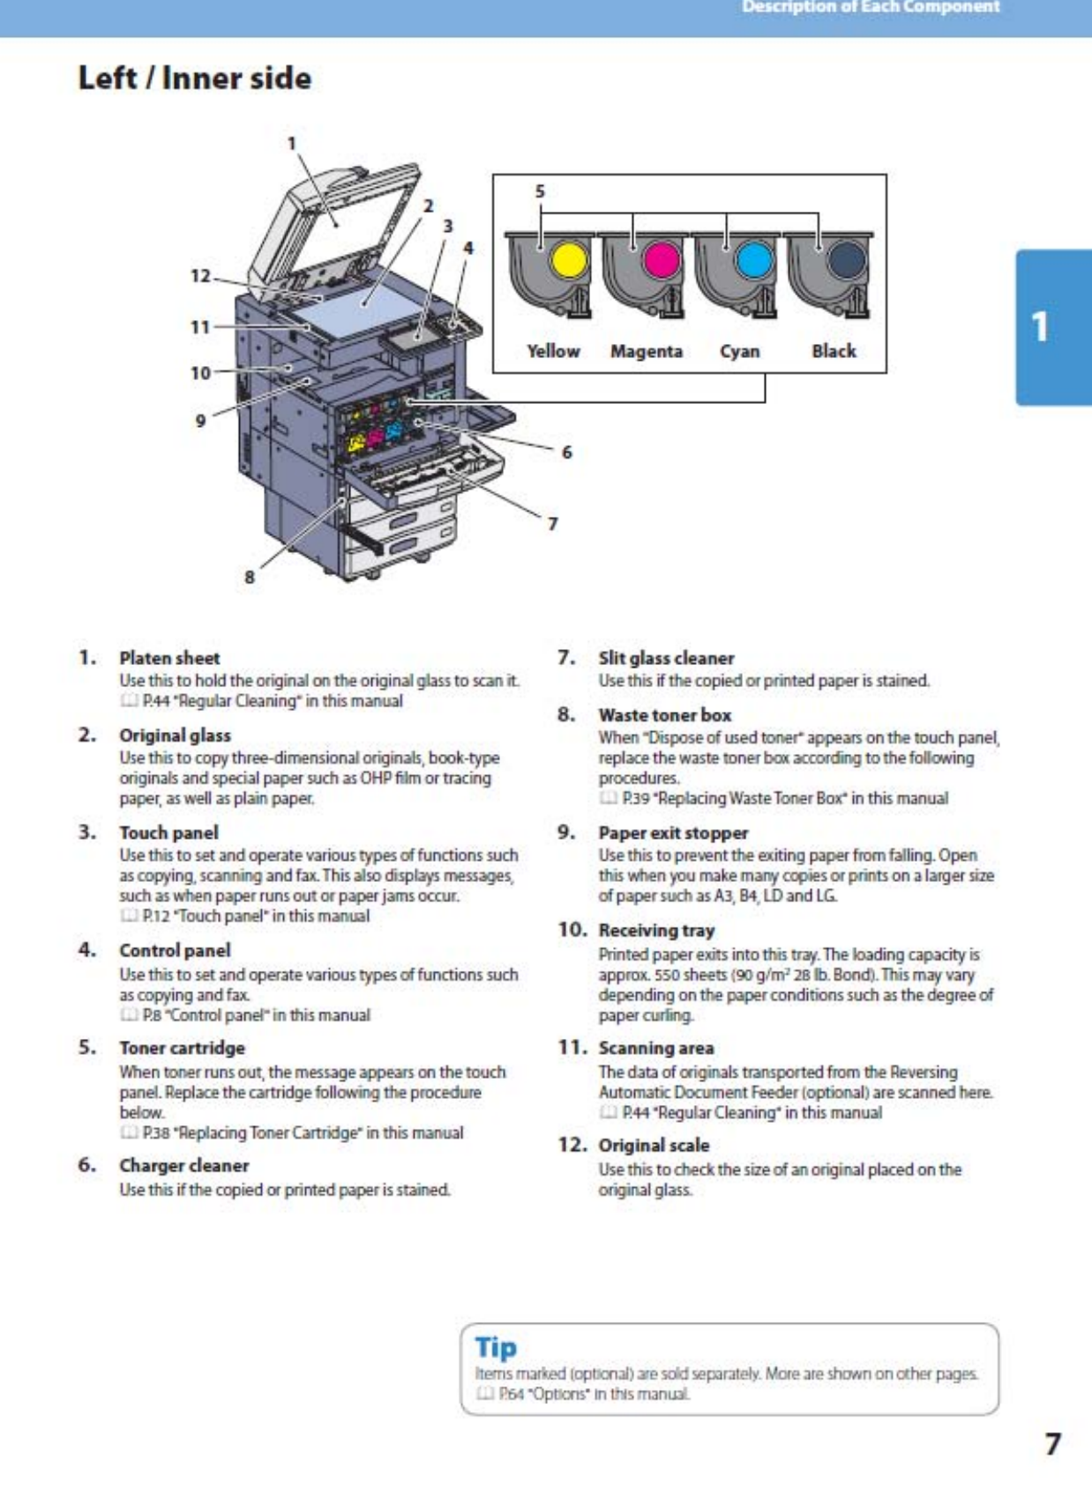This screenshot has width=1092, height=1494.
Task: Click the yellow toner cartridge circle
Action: pyautogui.click(x=568, y=261)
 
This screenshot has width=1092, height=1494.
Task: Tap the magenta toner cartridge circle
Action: pyautogui.click(x=662, y=261)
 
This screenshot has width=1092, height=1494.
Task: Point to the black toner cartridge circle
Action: pyautogui.click(x=848, y=262)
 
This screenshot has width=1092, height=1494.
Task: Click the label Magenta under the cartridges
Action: pyautogui.click(x=647, y=351)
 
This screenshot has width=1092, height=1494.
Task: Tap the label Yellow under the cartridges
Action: pyautogui.click(x=553, y=351)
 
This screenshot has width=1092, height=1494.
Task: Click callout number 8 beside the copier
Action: pyautogui.click(x=250, y=577)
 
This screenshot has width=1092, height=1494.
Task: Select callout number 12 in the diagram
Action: pyautogui.click(x=200, y=276)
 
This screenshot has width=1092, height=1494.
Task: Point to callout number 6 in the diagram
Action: pyautogui.click(x=566, y=452)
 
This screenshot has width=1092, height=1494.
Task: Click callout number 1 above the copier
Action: pyautogui.click(x=292, y=144)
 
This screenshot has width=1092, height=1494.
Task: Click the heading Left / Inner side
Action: pyautogui.click(x=195, y=78)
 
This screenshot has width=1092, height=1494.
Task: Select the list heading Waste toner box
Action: pyautogui.click(x=664, y=715)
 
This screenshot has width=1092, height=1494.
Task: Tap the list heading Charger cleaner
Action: pyautogui.click(x=184, y=1166)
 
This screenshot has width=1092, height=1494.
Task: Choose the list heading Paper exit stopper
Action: pyautogui.click(x=673, y=833)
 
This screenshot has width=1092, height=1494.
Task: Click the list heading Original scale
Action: pyautogui.click(x=654, y=1146)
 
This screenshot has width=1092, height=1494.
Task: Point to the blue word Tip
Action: pyautogui.click(x=496, y=1348)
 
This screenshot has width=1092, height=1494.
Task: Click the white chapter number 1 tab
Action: pyautogui.click(x=1041, y=327)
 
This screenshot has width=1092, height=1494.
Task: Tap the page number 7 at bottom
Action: pyautogui.click(x=1052, y=1444)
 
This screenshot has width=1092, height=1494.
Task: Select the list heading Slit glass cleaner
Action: pyautogui.click(x=666, y=658)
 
